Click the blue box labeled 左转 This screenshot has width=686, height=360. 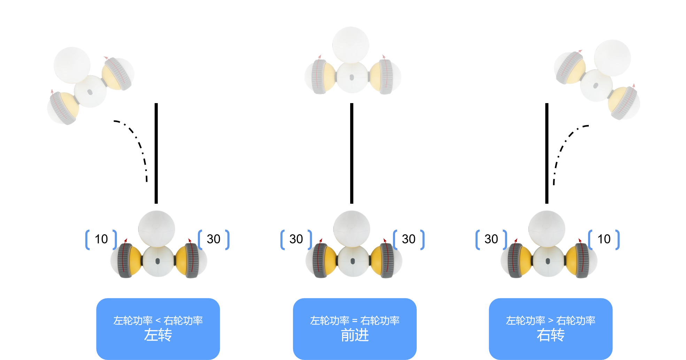pyautogui.click(x=158, y=328)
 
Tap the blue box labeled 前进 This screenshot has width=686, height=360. pyautogui.click(x=354, y=328)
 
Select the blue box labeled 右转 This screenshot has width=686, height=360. pyautogui.click(x=550, y=328)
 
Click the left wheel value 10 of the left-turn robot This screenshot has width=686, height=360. pyautogui.click(x=101, y=239)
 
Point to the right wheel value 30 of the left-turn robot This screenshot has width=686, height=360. pyautogui.click(x=214, y=239)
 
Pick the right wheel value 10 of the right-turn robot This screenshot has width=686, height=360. pyautogui.click(x=604, y=239)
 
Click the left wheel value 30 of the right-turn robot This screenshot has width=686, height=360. pyautogui.click(x=491, y=239)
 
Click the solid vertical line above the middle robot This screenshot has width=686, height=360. pyautogui.click(x=352, y=153)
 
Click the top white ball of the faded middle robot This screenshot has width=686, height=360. pyautogui.click(x=350, y=45)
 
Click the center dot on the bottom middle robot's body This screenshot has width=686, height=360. pyautogui.click(x=353, y=261)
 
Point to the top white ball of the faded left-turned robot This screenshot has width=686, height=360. pyautogui.click(x=72, y=65)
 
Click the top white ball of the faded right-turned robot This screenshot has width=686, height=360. pyautogui.click(x=612, y=58)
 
